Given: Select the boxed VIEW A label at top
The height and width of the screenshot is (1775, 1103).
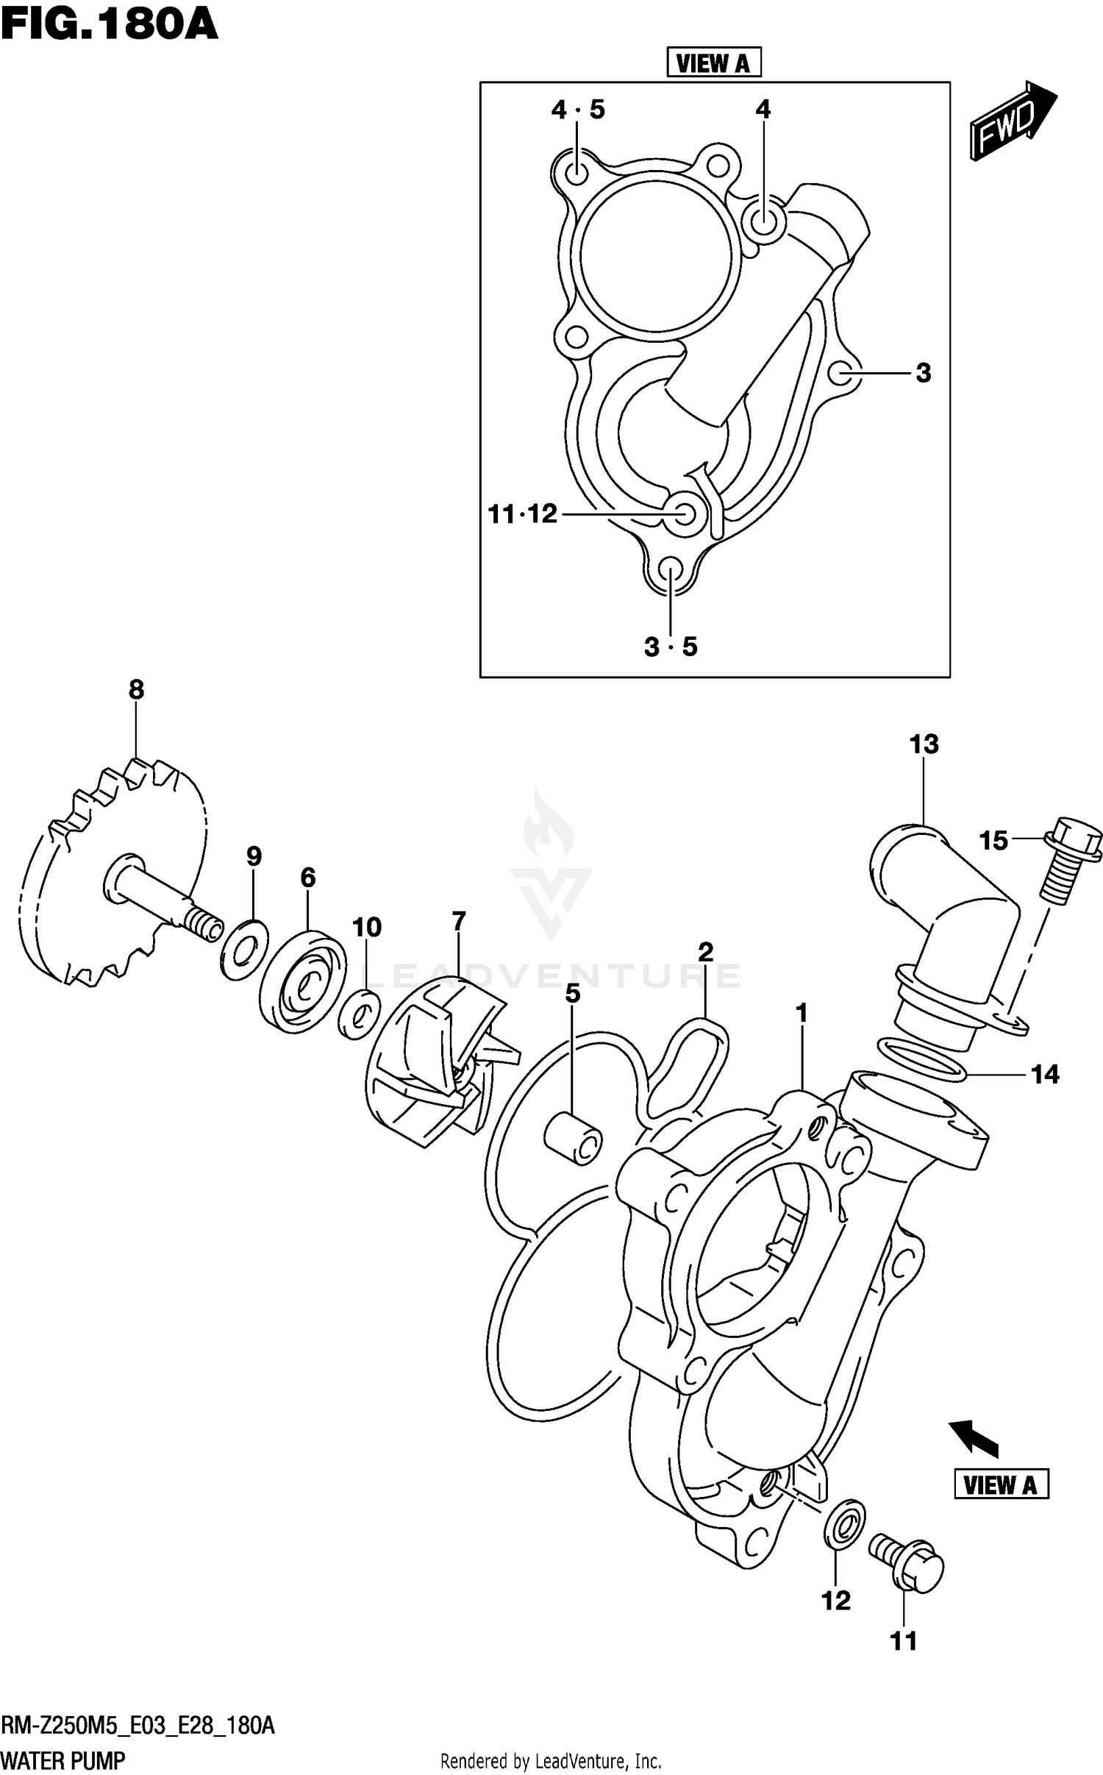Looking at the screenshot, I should point(713,63).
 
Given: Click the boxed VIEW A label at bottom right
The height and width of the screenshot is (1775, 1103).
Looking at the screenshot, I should point(1001,1484).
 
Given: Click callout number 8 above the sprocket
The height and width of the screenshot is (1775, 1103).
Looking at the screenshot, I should point(136,689).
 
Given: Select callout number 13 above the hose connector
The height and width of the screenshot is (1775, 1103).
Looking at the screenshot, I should point(924,744).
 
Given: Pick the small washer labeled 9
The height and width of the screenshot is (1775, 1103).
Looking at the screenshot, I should point(244,949).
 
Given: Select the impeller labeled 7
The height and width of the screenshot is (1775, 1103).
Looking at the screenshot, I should point(434,1059).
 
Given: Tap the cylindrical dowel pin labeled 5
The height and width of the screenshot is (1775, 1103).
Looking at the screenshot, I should point(573,1139).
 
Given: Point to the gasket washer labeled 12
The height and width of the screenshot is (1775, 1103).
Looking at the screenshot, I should point(843,1526).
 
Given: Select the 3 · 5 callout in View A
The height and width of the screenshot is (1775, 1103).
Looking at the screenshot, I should point(670,647).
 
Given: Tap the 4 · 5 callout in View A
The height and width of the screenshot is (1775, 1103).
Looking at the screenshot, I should point(578,110).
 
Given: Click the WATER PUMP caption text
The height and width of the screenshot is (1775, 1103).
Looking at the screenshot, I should point(64,1760).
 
